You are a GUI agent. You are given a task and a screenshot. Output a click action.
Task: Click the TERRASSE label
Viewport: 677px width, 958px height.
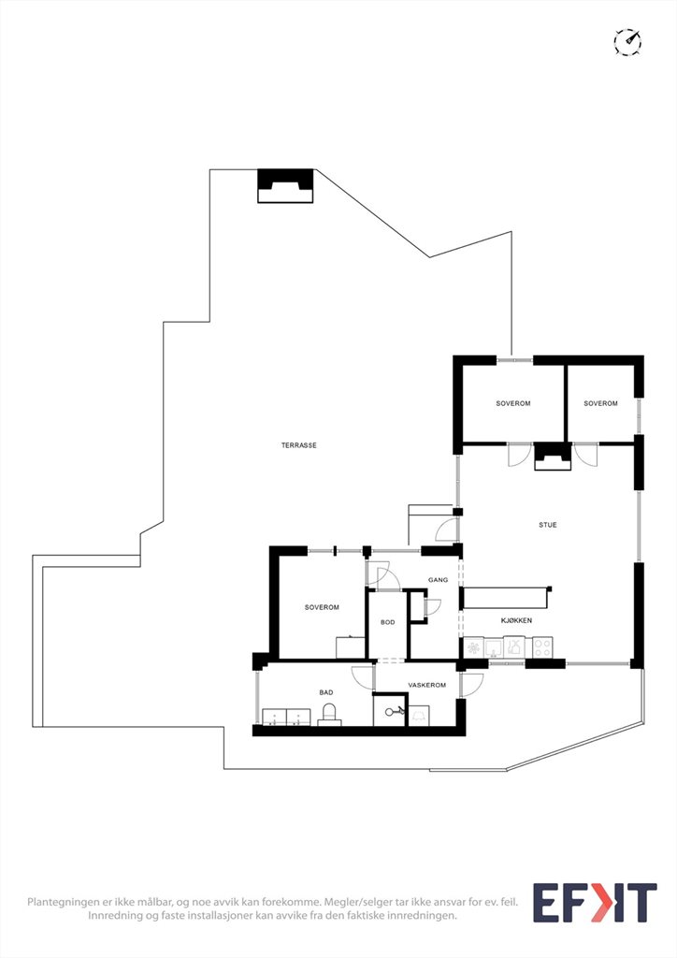click(x=298, y=445)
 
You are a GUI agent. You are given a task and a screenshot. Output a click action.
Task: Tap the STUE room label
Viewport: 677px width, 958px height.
click(x=548, y=525)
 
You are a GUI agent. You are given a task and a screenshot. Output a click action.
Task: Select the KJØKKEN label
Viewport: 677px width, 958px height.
click(x=516, y=620)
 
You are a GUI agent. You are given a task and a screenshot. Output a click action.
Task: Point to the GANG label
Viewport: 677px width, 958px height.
click(x=438, y=580)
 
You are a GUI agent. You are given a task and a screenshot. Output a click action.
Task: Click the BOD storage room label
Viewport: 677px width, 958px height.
click(x=388, y=622)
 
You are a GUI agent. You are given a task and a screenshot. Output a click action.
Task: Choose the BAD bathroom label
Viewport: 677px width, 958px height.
click(x=326, y=692)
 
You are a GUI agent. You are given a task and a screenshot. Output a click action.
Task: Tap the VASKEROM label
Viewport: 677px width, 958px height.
click(x=426, y=685)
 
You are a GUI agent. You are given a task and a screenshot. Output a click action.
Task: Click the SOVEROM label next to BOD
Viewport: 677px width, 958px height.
click(x=322, y=607)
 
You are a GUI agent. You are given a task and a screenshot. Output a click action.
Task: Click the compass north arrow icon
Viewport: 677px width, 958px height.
click(x=627, y=41)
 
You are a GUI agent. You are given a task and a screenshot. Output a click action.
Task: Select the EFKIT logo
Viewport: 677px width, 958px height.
click(x=595, y=903)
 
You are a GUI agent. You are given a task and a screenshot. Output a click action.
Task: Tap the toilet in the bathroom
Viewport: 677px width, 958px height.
click(x=329, y=714)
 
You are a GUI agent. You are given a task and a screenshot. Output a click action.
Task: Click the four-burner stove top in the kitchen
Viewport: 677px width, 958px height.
click(x=542, y=647)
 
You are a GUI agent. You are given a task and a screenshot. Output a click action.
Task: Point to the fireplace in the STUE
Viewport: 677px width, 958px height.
click(x=553, y=457)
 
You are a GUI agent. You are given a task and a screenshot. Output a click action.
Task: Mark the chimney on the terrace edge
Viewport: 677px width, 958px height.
click(x=285, y=186)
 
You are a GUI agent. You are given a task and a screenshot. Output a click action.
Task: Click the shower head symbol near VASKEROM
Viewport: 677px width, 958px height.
click(x=393, y=711)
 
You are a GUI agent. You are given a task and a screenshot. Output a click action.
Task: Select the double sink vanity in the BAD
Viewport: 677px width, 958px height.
click(x=286, y=718)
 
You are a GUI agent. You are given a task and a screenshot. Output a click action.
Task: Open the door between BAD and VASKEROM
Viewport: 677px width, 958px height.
click(x=364, y=677)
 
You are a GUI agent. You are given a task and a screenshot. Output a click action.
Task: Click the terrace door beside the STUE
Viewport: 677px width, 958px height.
click(x=448, y=530)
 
